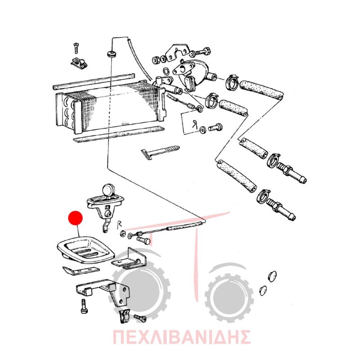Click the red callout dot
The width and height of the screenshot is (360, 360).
(x=76, y=218)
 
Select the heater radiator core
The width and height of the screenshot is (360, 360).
(x=110, y=107)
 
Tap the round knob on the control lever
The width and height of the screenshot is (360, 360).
(x=108, y=190)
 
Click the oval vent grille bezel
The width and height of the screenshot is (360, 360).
(x=85, y=249)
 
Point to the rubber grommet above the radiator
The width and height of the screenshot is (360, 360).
(x=111, y=54)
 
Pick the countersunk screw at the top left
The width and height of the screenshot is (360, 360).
(x=76, y=48)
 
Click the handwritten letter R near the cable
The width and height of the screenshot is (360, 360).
(x=119, y=224)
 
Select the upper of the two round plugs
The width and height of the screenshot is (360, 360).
(x=272, y=275)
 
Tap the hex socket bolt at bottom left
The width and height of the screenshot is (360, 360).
(x=83, y=306)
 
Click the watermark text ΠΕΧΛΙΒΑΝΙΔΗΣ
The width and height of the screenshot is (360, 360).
(x=181, y=337)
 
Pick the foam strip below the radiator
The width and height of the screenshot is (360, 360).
(x=119, y=134)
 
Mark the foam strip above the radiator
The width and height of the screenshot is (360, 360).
(x=94, y=81)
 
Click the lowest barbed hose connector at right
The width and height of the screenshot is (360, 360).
(x=281, y=209)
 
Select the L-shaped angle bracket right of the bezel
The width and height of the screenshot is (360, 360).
(x=129, y=259)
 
